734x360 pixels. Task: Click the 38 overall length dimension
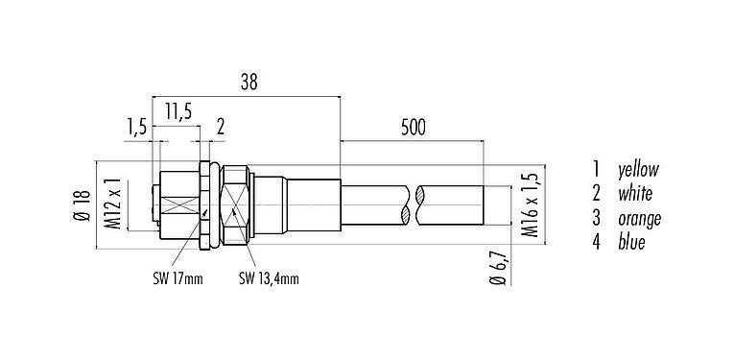point(247,83)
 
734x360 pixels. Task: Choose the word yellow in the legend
point(638,170)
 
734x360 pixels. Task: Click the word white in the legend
point(635,194)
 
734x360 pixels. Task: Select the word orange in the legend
point(640,219)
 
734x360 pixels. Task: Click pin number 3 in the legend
point(596,219)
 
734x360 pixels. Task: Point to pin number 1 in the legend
point(596,170)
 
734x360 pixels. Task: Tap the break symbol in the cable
point(416,205)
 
